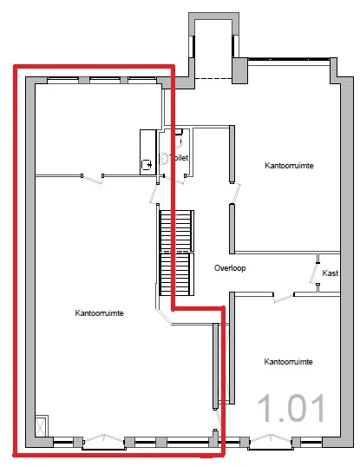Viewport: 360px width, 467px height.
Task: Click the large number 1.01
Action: click(291, 408)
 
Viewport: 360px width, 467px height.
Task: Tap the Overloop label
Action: click(230, 268)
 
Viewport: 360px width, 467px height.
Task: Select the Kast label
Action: click(330, 273)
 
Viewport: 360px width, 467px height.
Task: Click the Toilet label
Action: click(180, 157)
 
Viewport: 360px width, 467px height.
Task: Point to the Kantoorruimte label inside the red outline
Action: click(99, 313)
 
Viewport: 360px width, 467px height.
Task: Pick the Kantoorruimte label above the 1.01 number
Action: click(288, 361)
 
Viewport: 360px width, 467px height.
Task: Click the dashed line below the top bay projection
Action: click(213, 80)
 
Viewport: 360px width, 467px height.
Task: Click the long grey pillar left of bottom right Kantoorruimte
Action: click(214, 365)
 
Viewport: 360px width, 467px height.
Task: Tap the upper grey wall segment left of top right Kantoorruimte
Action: click(232, 154)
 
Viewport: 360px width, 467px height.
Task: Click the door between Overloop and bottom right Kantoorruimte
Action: click(283, 297)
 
